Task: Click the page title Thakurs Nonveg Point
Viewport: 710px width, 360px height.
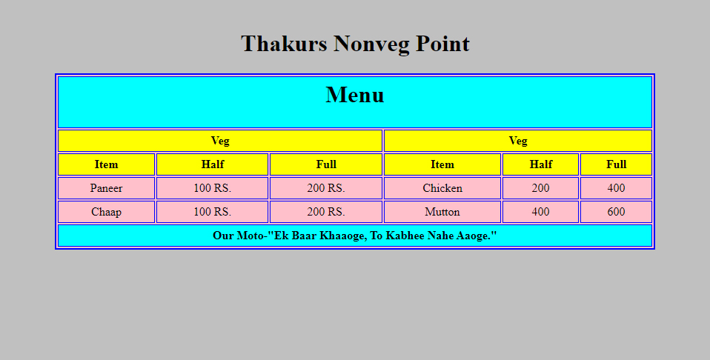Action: (355, 44)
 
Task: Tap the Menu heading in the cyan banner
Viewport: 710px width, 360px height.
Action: (355, 95)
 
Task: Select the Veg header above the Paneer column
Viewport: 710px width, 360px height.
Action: (220, 141)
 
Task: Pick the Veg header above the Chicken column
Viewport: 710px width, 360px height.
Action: (518, 141)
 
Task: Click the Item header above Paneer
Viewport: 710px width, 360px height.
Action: (107, 164)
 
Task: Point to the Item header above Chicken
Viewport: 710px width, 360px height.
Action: (442, 164)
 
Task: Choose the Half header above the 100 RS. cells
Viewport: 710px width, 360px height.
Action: (213, 164)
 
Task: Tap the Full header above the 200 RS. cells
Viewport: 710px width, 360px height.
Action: (326, 164)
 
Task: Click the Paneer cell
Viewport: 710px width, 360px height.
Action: (107, 188)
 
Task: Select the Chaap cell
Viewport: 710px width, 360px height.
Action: (107, 212)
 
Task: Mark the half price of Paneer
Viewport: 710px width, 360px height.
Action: (213, 188)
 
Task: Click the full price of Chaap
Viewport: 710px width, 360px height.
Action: (326, 212)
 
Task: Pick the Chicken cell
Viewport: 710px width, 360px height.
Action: (442, 188)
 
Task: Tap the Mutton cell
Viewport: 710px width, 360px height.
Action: (442, 212)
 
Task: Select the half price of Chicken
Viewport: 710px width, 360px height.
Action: (540, 188)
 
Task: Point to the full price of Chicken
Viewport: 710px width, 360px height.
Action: (617, 188)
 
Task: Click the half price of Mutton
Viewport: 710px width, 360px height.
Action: (540, 212)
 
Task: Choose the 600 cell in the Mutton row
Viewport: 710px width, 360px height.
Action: (617, 212)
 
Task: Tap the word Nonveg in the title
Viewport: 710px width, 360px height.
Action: (371, 44)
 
